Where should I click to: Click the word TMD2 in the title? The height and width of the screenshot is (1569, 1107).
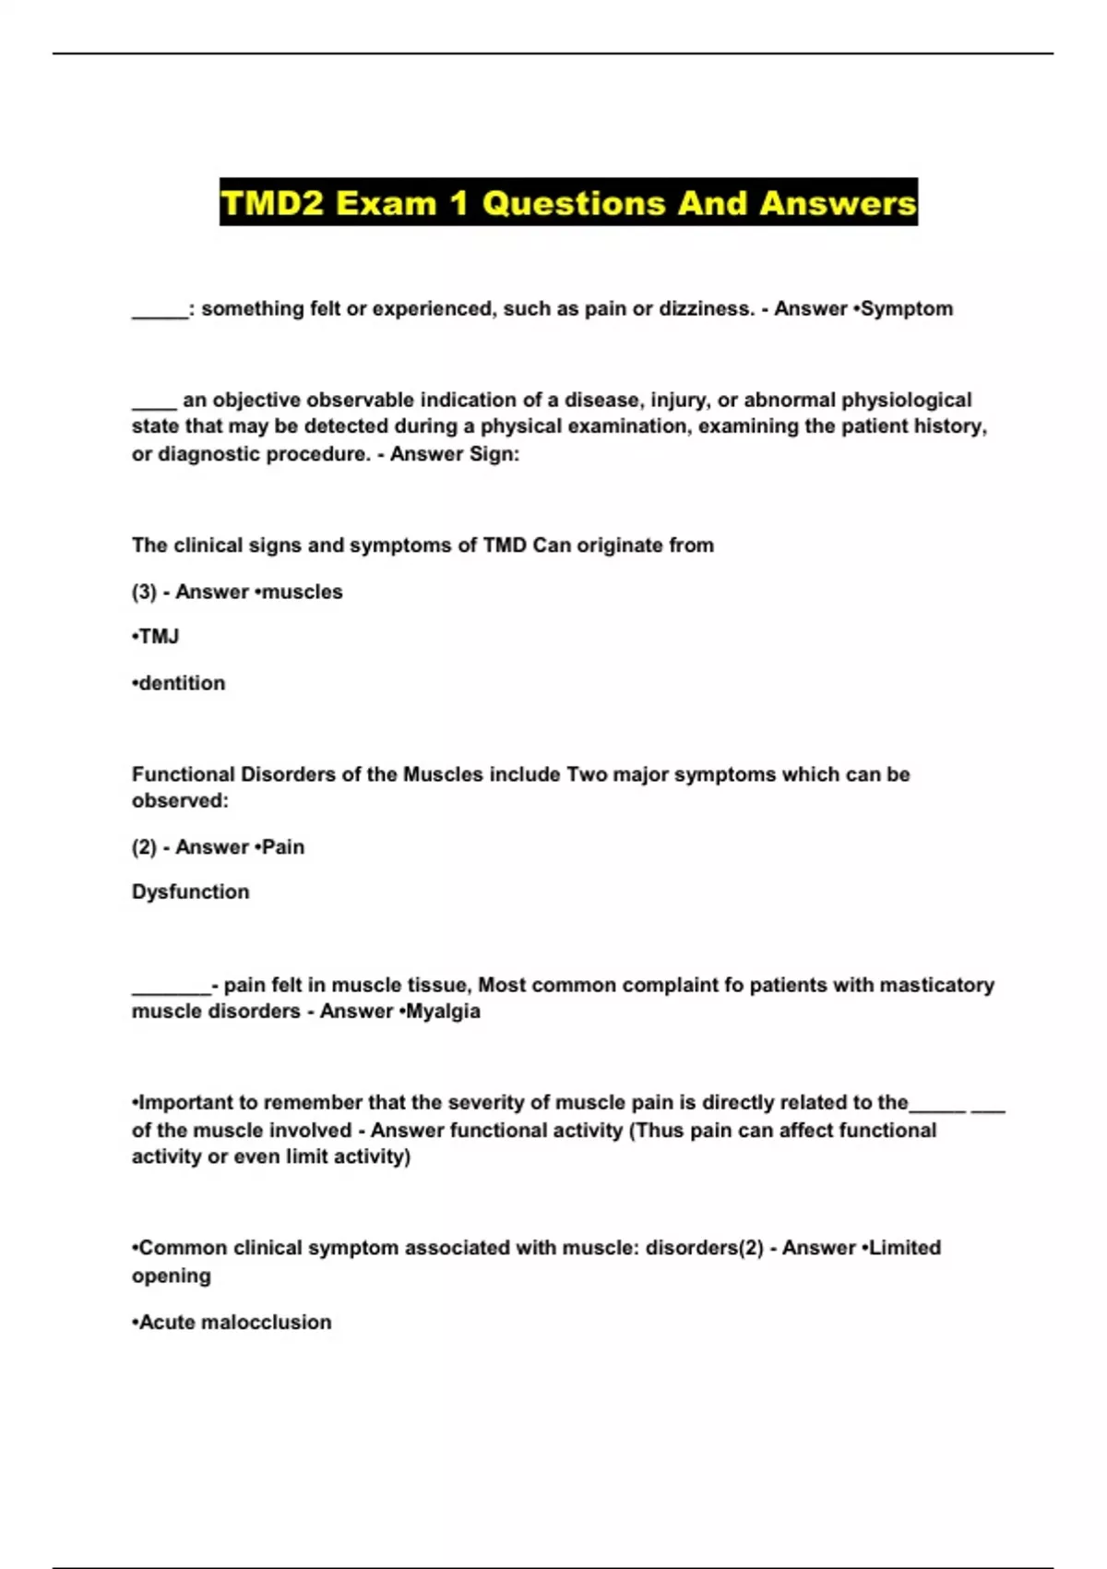click(x=272, y=203)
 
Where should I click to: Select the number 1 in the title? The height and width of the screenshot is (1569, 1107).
click(x=458, y=203)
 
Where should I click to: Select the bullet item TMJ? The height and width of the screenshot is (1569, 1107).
click(x=158, y=637)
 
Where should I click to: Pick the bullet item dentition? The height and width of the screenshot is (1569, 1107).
click(x=181, y=684)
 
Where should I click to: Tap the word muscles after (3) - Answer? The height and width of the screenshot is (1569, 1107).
click(x=302, y=593)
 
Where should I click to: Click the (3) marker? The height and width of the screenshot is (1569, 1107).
click(x=144, y=593)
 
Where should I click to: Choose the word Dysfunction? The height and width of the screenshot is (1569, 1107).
click(x=190, y=892)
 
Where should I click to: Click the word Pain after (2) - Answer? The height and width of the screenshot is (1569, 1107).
click(x=282, y=847)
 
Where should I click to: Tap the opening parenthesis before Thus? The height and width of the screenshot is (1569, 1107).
click(x=633, y=1131)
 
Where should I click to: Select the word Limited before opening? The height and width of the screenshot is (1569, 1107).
click(x=904, y=1248)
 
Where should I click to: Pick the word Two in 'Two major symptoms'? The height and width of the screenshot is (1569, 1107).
click(x=587, y=774)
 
